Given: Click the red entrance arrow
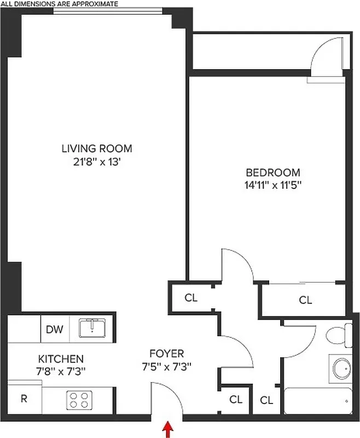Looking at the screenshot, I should pyautogui.click(x=167, y=427).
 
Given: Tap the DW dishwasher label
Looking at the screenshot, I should pyautogui.click(x=54, y=330).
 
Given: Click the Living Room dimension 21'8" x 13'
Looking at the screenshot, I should pyautogui.click(x=97, y=161).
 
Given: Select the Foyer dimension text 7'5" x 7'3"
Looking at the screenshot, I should pyautogui.click(x=167, y=367).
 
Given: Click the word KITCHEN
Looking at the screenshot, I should pyautogui.click(x=61, y=359).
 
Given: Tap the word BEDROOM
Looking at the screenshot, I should pyautogui.click(x=273, y=171).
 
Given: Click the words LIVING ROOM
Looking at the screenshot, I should pyautogui.click(x=97, y=148).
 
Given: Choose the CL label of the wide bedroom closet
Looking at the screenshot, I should pyautogui.click(x=305, y=300).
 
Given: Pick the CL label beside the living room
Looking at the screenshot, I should pyautogui.click(x=190, y=298).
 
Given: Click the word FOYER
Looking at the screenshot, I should pyautogui.click(x=167, y=354).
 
